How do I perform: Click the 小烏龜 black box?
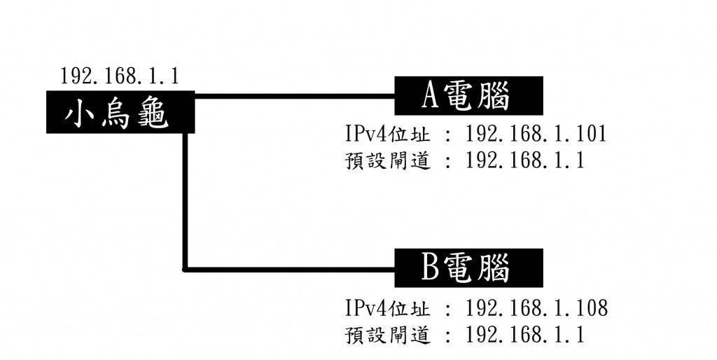pyautogui.click(x=119, y=112)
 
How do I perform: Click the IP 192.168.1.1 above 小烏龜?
pyautogui.click(x=119, y=76)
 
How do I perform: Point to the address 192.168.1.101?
pyautogui.click(x=536, y=134)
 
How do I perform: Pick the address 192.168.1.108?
pyautogui.click(x=536, y=307)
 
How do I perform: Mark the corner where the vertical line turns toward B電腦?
pyautogui.click(x=186, y=268)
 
